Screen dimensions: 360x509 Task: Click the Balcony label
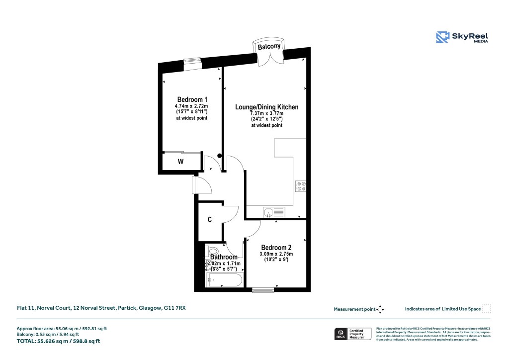tap(269, 46)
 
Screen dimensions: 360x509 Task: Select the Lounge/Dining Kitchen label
tap(266, 107)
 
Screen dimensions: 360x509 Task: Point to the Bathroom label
tap(223, 257)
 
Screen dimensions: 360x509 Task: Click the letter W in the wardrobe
tap(181, 162)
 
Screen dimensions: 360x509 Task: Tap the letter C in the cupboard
tap(210, 219)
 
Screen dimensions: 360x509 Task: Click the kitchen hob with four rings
tap(301, 186)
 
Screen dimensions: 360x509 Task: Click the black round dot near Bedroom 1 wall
tap(220, 156)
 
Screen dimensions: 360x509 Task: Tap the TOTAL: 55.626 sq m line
tap(59, 341)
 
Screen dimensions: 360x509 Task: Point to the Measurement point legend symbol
tap(380, 309)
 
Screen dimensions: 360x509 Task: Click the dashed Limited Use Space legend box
tap(487, 309)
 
